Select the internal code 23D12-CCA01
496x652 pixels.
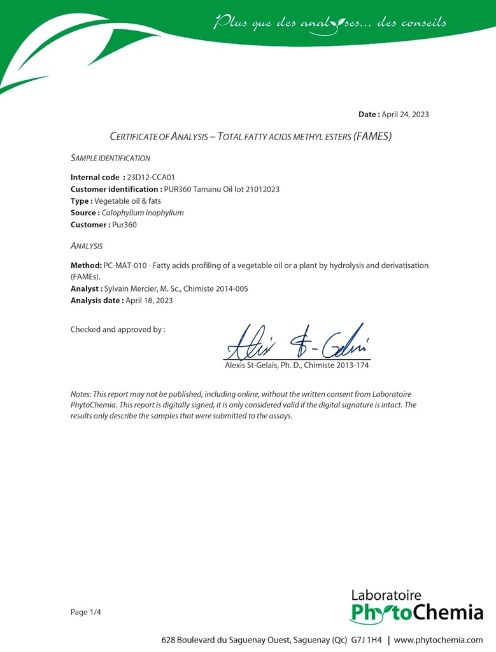tap(150, 178)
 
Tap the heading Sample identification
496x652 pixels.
tap(110, 158)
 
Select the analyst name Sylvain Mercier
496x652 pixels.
tap(131, 288)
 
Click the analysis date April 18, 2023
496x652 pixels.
tap(149, 301)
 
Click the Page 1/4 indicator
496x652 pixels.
tap(86, 613)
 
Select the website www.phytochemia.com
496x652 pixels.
tap(439, 639)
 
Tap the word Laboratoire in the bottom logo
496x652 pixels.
tap(386, 595)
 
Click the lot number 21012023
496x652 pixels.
tap(262, 189)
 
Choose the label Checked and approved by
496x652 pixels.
tap(118, 330)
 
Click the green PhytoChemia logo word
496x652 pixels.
tap(416, 614)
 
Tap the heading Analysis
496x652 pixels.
tap(87, 246)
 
